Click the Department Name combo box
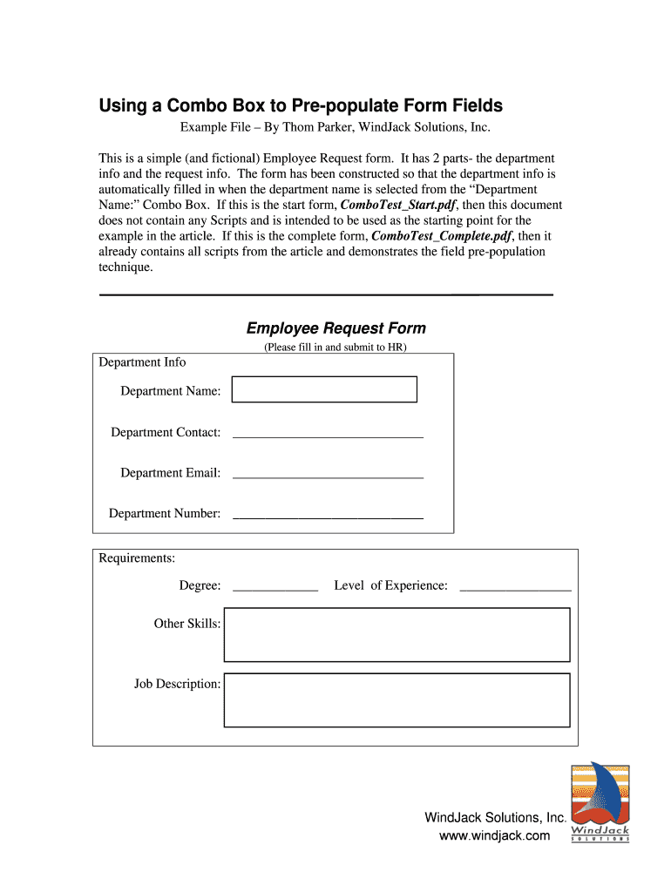324,389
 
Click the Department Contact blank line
328,432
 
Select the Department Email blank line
328,473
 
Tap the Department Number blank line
328,514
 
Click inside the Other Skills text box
396,635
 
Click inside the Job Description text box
396,699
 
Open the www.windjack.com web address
495,836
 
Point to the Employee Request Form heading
336,328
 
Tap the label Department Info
142,362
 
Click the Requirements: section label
137,558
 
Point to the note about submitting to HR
335,347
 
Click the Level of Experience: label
390,586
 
